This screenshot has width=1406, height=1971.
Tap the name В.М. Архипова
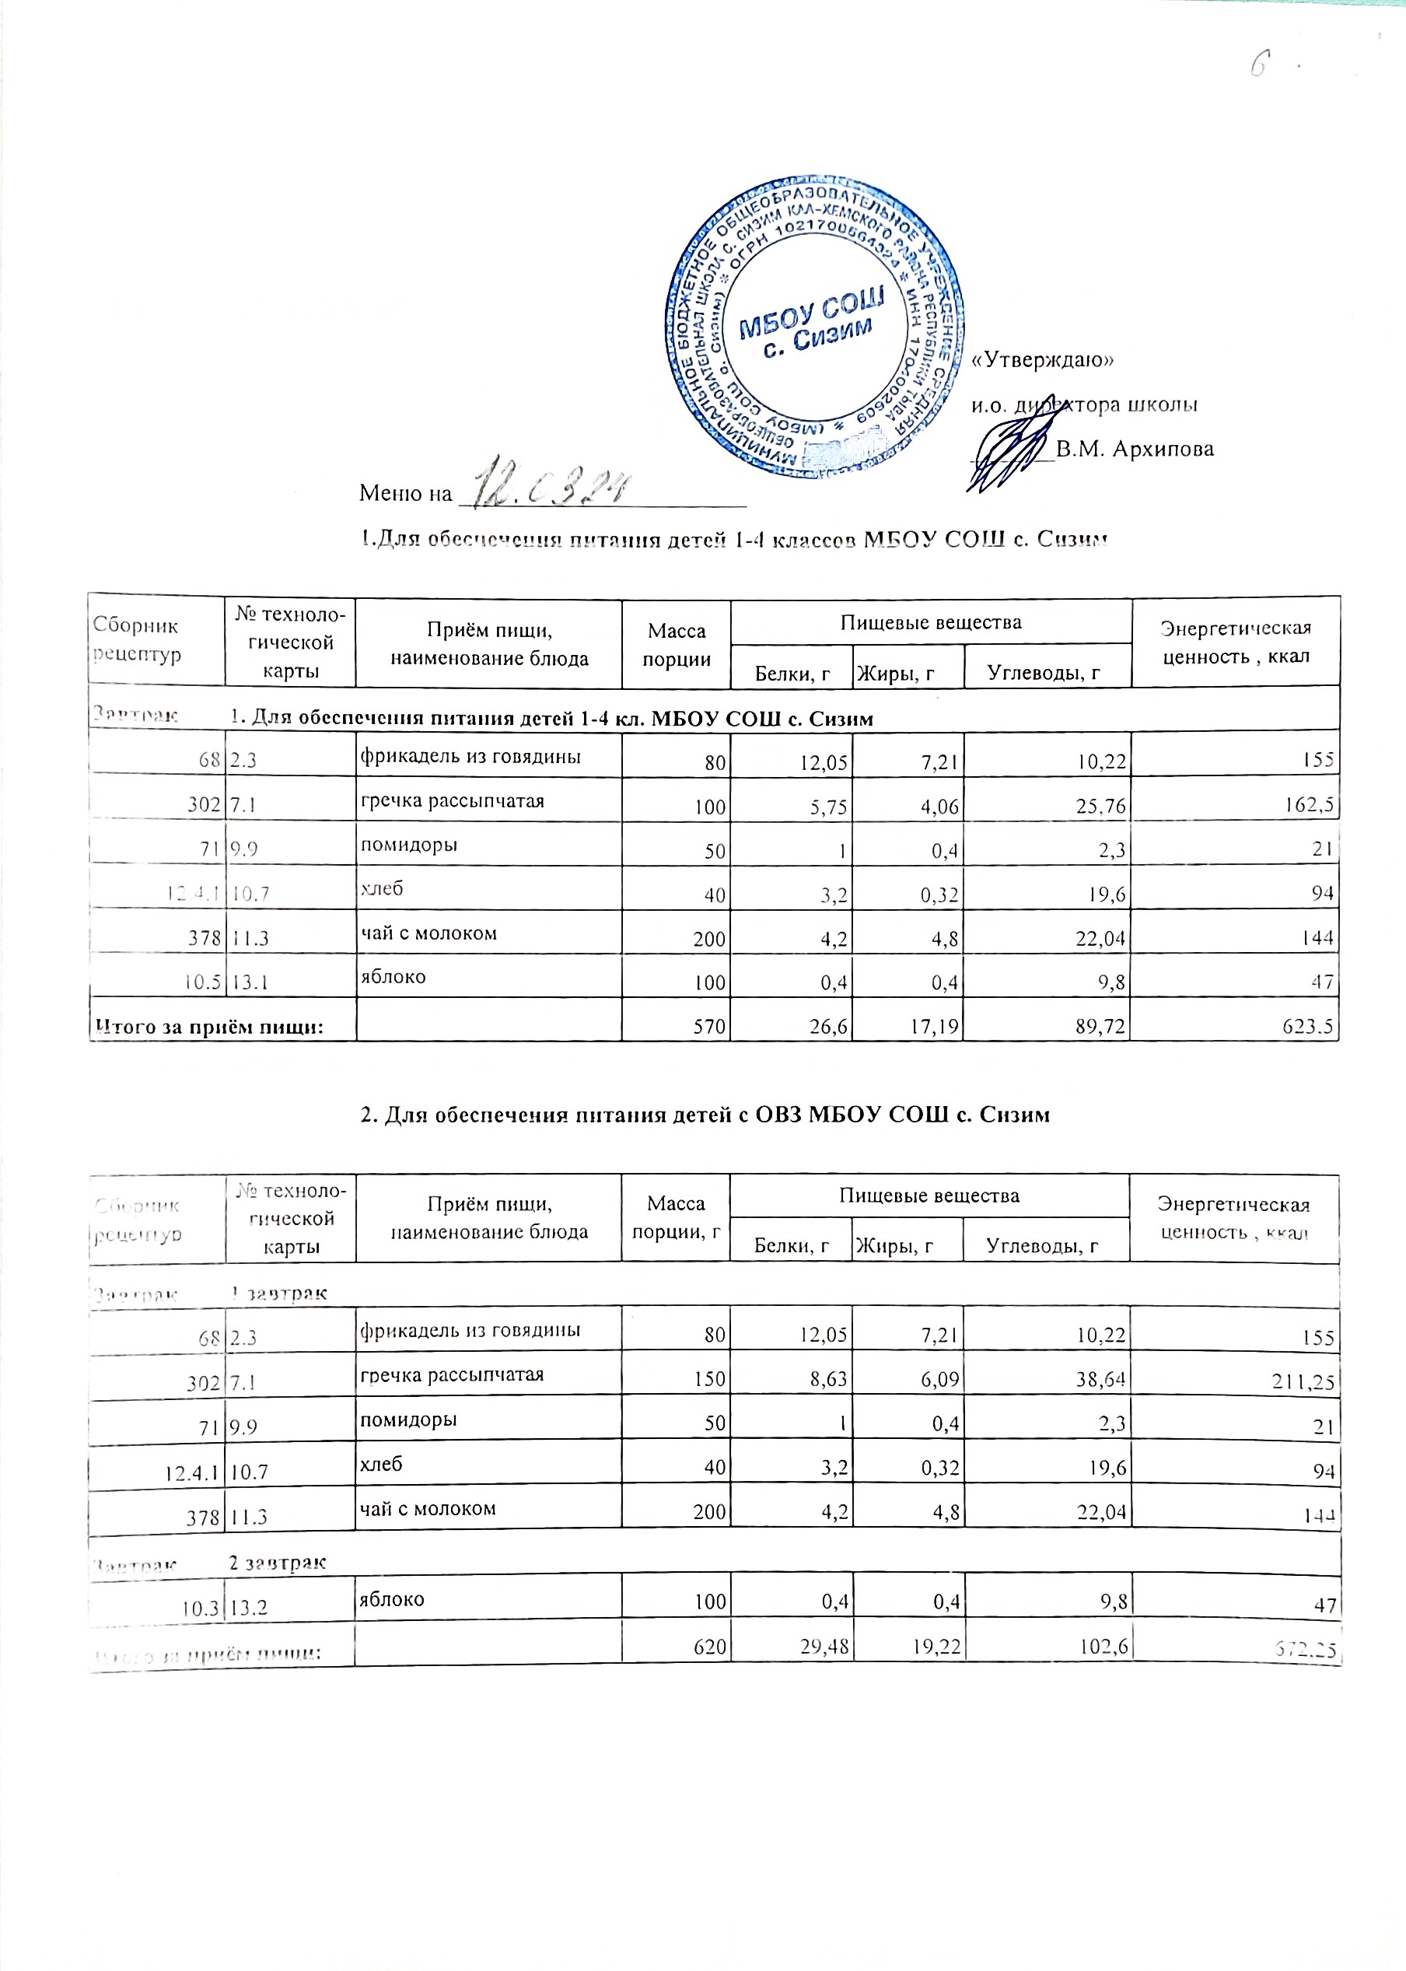coord(1134,450)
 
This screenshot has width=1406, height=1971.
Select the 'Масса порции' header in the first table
coord(676,644)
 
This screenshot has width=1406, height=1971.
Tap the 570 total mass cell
coord(710,1026)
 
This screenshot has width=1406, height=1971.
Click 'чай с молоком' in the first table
coord(428,933)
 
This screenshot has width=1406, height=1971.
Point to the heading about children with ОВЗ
coord(705,1115)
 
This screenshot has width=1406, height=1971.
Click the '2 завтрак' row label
coord(277,1563)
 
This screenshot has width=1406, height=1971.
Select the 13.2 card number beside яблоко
coord(249,1609)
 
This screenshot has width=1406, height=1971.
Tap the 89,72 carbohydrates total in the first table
coord(1100,1026)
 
